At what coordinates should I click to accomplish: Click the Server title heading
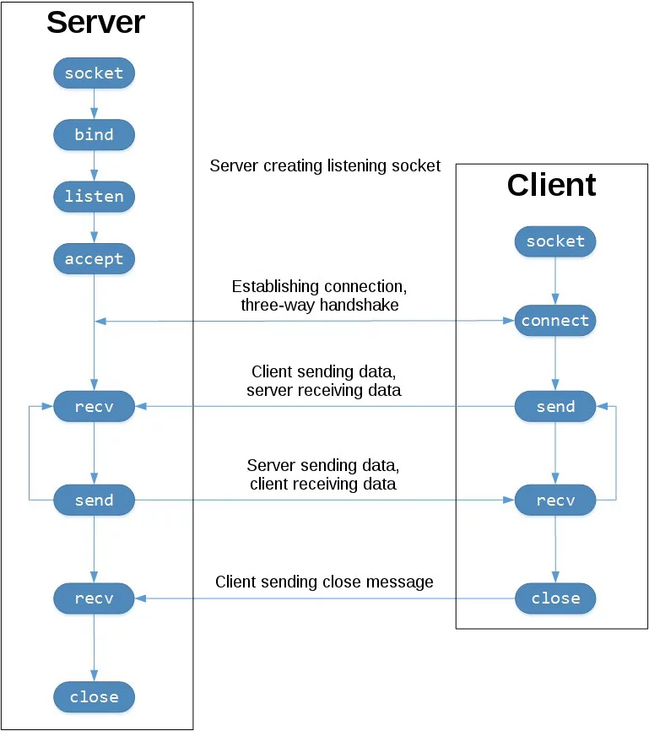[x=95, y=23]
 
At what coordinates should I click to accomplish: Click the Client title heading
[x=551, y=185]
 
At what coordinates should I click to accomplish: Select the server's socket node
[x=94, y=73]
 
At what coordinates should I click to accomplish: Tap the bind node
[x=94, y=135]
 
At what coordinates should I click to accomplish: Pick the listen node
[x=94, y=197]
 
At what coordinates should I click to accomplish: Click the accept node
[x=94, y=259]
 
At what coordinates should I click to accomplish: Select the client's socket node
[x=555, y=241]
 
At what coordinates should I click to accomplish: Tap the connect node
[x=555, y=321]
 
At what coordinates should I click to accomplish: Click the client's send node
[x=555, y=407]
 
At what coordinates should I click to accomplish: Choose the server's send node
[x=94, y=500]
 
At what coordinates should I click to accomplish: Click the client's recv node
[x=555, y=501]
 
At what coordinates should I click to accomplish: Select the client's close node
[x=555, y=598]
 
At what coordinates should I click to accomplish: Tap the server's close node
[x=94, y=697]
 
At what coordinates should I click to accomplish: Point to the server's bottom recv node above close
[x=94, y=598]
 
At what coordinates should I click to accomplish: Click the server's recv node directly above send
[x=94, y=407]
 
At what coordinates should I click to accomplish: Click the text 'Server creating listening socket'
[x=325, y=166]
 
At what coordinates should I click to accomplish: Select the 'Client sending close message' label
[x=324, y=582]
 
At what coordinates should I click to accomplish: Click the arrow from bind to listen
[x=94, y=165]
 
